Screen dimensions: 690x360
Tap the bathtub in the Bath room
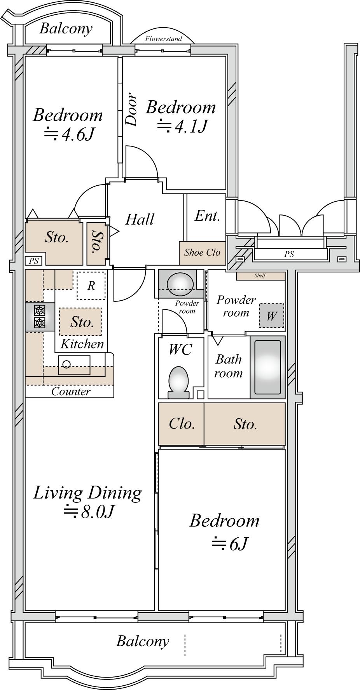(267, 367)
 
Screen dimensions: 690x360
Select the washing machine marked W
(271, 315)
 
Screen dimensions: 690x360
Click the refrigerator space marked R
(91, 286)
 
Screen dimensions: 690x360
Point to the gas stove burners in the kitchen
(40, 317)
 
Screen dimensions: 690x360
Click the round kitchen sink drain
(67, 364)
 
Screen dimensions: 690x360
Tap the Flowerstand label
(163, 39)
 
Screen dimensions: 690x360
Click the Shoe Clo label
(202, 253)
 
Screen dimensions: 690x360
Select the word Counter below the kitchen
(71, 392)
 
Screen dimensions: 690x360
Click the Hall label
(140, 220)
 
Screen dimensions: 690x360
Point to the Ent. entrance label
(208, 216)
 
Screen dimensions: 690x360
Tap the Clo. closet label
(182, 424)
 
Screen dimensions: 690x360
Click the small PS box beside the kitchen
(34, 261)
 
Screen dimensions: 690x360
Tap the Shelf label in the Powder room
(260, 276)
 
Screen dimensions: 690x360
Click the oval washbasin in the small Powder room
(180, 282)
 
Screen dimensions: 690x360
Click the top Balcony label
(66, 29)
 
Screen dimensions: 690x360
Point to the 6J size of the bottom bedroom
(238, 544)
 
